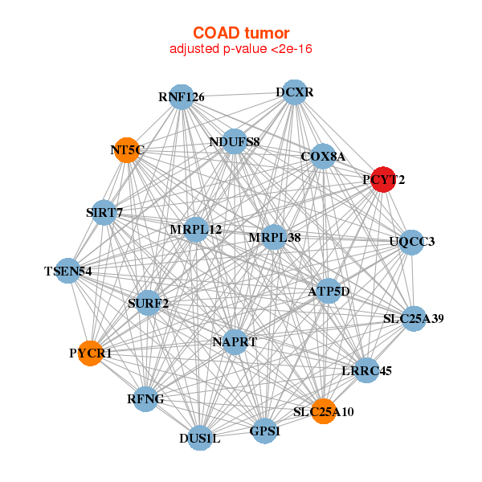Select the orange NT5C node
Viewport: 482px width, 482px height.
tap(127, 149)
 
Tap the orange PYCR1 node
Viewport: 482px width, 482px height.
tap(92, 353)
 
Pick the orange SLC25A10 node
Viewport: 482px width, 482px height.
tap(323, 411)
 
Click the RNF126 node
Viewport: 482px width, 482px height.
tap(182, 97)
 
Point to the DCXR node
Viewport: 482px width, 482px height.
tap(294, 92)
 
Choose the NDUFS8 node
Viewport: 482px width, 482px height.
tap(234, 142)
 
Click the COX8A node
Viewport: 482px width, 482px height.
tap(323, 157)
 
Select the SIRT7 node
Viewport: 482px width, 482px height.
tap(104, 213)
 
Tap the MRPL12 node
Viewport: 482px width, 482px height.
tap(196, 230)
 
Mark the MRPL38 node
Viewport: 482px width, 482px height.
tap(274, 237)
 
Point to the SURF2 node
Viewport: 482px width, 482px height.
tap(149, 303)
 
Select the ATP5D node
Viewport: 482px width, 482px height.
tap(329, 291)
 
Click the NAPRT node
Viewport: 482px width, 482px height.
tap(235, 341)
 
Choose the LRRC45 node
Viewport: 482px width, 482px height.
tap(366, 370)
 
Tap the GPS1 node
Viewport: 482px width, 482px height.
tap(265, 431)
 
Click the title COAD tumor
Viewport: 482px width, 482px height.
tap(241, 34)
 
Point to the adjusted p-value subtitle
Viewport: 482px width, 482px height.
tap(241, 49)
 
